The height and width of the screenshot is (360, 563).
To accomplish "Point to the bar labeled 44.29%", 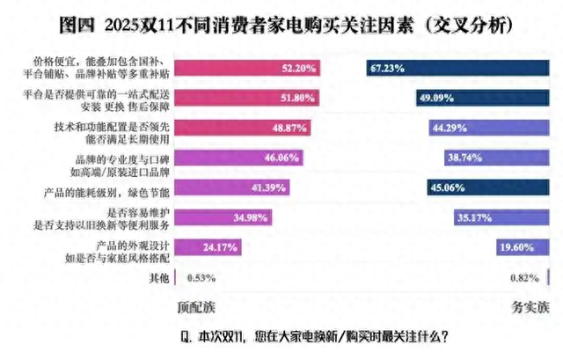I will [x=489, y=129].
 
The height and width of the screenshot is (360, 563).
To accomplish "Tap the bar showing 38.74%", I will [x=497, y=159].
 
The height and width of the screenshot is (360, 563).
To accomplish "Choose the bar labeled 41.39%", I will [x=233, y=189].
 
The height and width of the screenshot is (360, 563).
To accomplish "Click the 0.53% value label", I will [x=201, y=278].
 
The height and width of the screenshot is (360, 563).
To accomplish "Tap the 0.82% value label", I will [x=522, y=278].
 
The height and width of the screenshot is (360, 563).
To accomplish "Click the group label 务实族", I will [x=530, y=308].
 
